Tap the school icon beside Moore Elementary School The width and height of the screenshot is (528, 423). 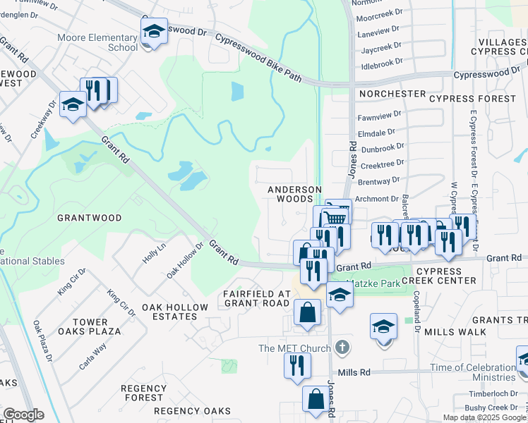(x=153, y=32)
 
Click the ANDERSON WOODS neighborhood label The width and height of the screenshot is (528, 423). (x=295, y=195)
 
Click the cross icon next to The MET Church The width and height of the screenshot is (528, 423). (x=342, y=348)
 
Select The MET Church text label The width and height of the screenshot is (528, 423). (x=294, y=348)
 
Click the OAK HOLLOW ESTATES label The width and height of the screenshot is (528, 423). (x=175, y=312)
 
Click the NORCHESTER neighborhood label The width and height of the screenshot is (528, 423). (x=392, y=94)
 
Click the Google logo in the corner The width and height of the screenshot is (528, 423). (x=23, y=415)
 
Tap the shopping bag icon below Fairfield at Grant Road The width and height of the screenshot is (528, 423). (x=307, y=312)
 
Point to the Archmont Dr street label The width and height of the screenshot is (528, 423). (x=382, y=199)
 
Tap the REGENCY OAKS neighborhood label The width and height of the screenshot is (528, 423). (x=192, y=411)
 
